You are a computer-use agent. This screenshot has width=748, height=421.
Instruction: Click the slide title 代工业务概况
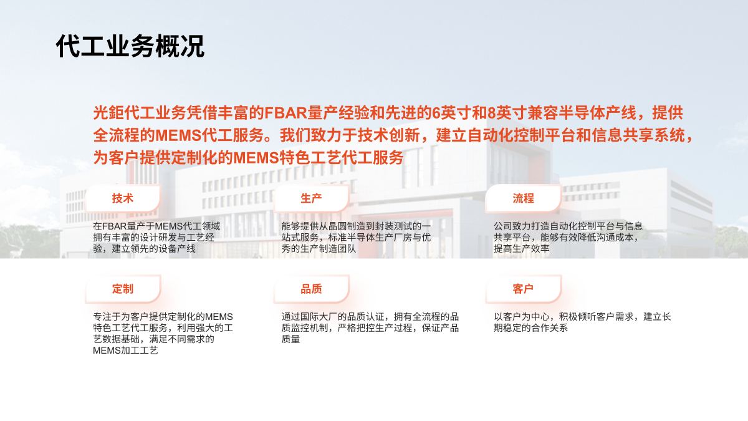point(130,46)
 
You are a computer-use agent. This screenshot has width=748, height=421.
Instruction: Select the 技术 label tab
point(123,198)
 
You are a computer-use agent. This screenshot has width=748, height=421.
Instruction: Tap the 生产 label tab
point(311,198)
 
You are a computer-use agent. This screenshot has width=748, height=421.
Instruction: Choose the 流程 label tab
point(523,198)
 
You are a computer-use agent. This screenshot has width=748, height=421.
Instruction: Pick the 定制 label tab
point(123,289)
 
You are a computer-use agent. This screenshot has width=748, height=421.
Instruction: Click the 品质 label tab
point(311,289)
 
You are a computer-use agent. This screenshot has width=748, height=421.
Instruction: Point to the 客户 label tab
point(523,289)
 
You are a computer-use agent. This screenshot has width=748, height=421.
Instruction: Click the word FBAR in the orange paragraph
point(285,113)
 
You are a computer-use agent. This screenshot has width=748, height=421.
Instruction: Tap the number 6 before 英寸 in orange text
point(436,113)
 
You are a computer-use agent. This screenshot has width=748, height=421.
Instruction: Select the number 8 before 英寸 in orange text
point(492,113)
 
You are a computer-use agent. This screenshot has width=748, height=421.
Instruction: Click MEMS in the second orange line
point(178,135)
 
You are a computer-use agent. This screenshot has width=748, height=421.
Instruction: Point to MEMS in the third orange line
point(256,158)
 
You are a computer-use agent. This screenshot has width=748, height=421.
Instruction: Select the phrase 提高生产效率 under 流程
point(522,249)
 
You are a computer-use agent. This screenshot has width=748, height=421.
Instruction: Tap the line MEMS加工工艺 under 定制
point(125,351)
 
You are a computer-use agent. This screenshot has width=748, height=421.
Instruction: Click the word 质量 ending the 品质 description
point(290,339)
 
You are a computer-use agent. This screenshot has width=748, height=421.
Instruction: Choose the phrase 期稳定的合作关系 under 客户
point(530,328)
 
